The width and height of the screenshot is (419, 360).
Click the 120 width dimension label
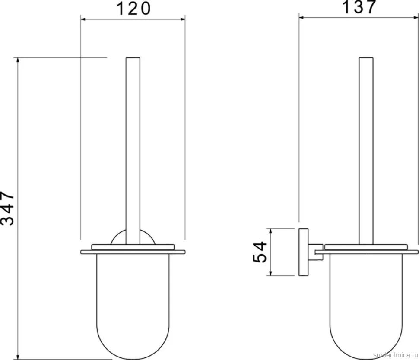133,8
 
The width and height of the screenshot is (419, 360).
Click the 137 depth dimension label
359,6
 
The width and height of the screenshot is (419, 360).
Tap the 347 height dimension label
7,208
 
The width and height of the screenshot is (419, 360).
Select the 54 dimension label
260,252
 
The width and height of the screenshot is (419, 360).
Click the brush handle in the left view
133,151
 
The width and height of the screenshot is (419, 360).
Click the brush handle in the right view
366,151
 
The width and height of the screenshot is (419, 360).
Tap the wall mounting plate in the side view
303,252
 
